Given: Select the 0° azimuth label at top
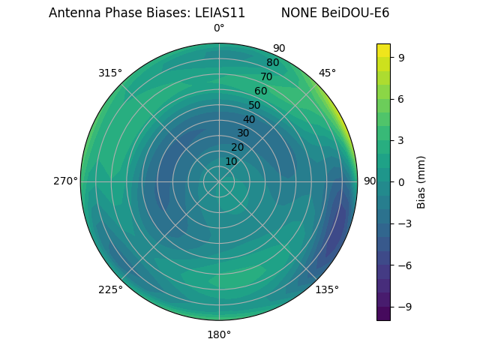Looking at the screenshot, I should (x=219, y=28).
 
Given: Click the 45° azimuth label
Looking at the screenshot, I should (x=327, y=73).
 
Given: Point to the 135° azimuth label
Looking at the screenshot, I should (x=327, y=289).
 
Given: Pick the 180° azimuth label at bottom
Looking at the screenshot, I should (x=219, y=334).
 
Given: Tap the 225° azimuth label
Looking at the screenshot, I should (x=110, y=289).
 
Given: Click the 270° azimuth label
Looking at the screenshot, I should (x=65, y=181).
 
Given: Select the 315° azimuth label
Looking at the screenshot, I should (x=110, y=73).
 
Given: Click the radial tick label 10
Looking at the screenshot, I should (x=232, y=161).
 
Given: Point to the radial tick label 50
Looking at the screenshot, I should (x=255, y=106).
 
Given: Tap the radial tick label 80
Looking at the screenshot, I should (x=272, y=63).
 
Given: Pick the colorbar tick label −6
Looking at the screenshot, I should (x=403, y=265).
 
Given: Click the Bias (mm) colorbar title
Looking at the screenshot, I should (x=421, y=181).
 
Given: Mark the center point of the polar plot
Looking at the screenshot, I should (x=219, y=181).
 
